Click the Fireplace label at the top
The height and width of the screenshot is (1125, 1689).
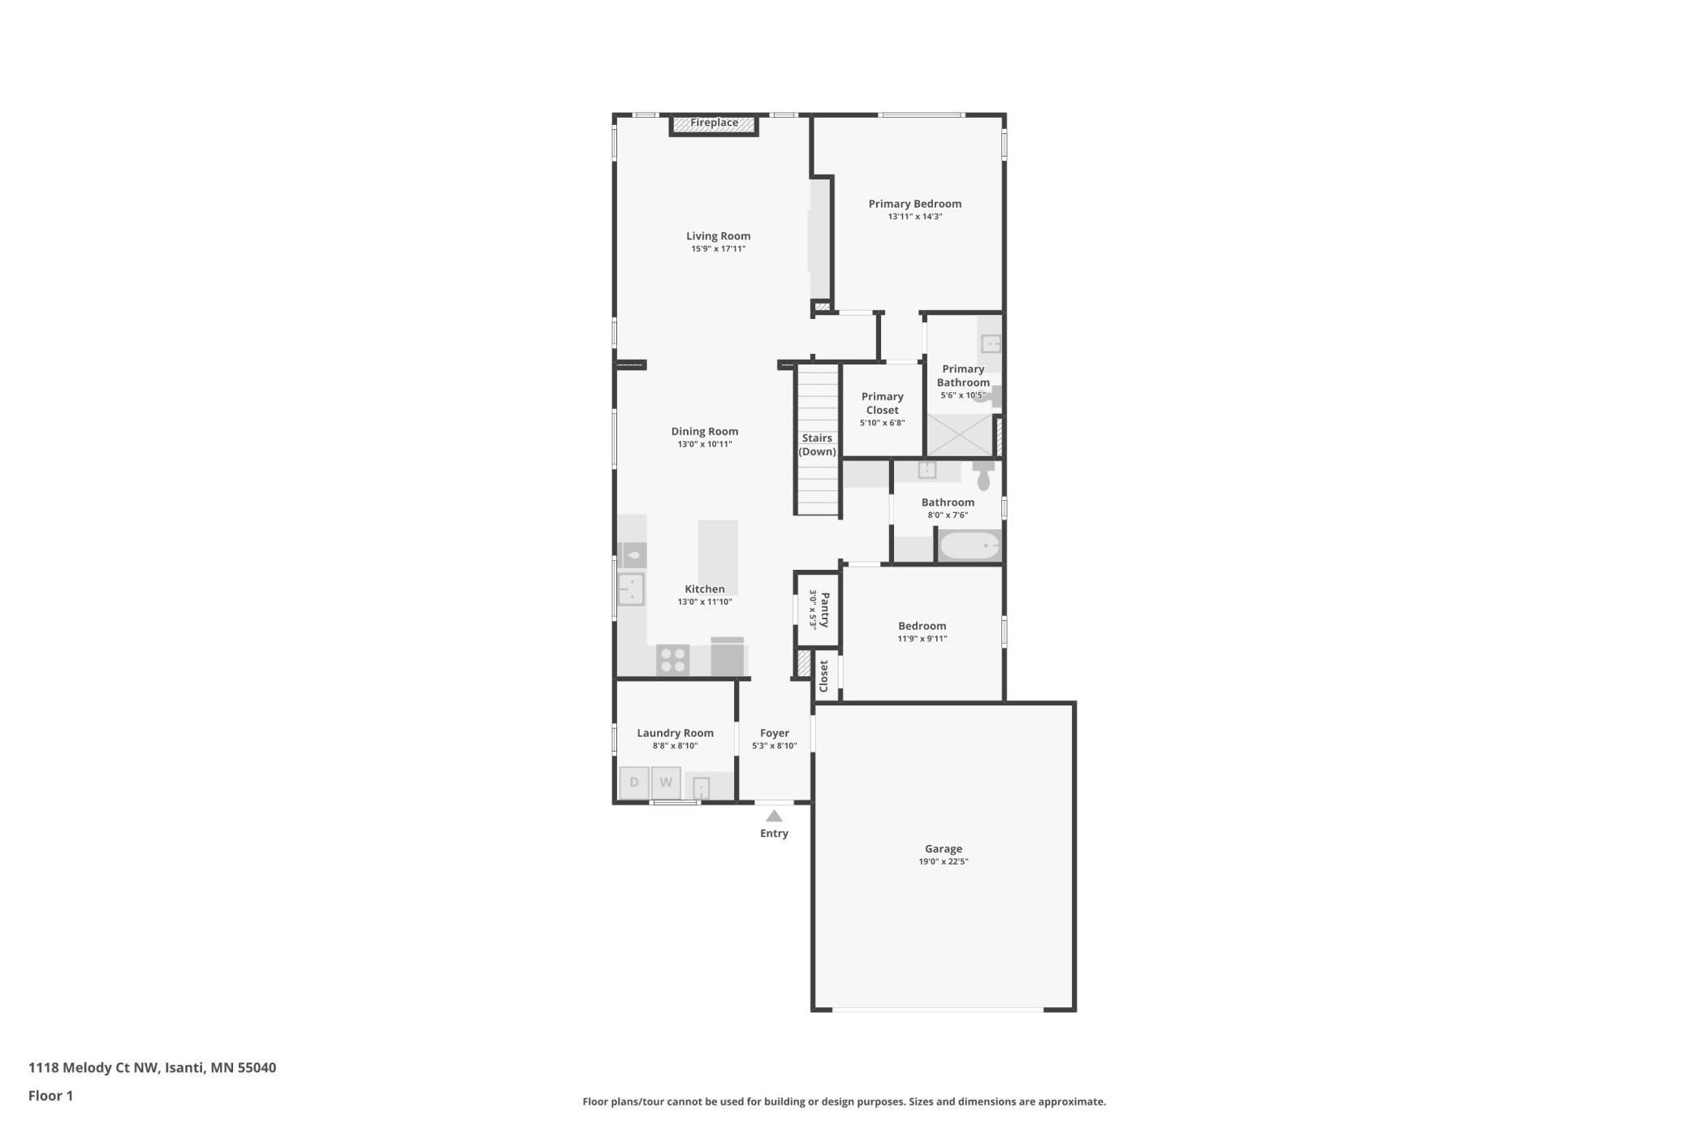714,123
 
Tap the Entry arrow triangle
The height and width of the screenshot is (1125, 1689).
774,817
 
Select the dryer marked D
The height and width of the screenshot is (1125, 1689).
634,782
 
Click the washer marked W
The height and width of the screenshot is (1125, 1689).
666,782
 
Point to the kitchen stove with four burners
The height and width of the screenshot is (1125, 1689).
672,660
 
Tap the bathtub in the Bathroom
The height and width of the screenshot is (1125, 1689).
970,545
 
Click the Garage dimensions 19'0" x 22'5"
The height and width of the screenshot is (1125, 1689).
944,862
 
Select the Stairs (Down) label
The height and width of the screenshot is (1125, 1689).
817,445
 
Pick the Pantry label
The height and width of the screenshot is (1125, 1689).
825,610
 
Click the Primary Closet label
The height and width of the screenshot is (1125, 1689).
883,403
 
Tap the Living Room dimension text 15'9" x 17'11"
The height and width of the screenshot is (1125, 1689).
719,249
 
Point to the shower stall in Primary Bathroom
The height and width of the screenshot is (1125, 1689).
960,436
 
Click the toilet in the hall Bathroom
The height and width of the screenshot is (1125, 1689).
983,476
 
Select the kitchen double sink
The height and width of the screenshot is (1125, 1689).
631,589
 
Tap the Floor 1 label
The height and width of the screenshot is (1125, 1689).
50,1096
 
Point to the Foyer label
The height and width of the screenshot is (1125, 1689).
775,733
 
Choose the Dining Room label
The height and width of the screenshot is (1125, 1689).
705,432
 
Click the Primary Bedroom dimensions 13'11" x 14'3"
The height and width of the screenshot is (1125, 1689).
915,217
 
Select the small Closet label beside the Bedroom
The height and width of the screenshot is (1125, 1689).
824,675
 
